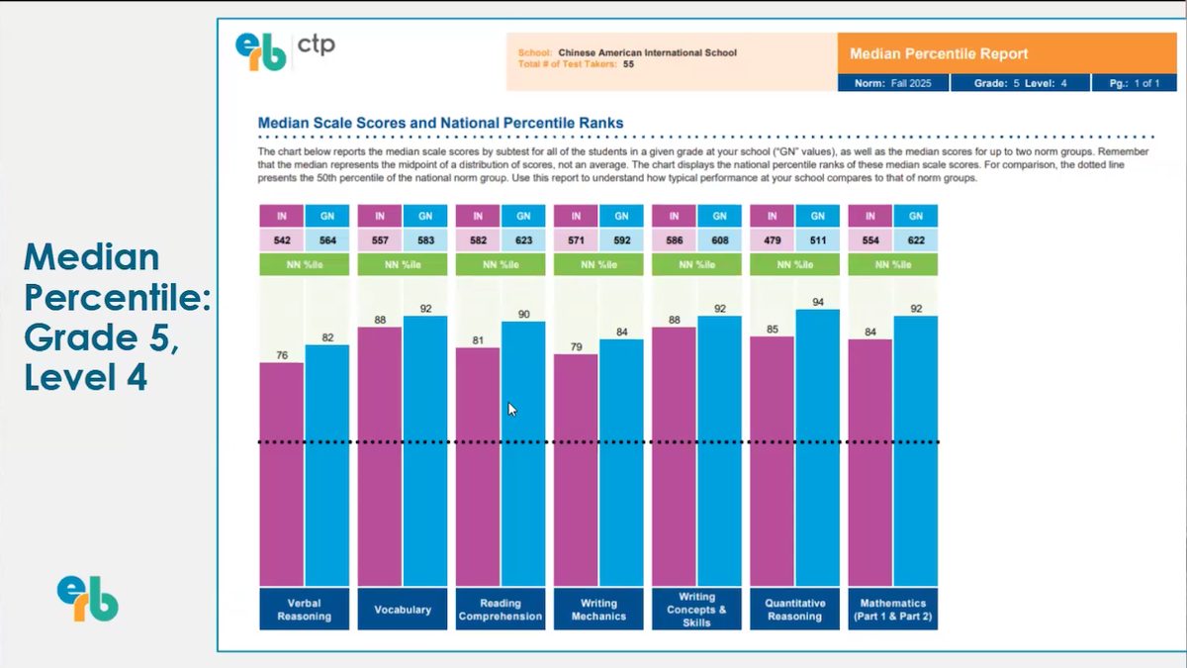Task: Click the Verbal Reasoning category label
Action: click(304, 610)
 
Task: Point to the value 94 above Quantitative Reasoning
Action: click(818, 302)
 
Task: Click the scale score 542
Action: click(281, 239)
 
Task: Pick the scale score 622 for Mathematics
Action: click(916, 239)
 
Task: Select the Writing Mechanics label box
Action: click(598, 610)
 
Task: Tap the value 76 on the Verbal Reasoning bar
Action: click(282, 355)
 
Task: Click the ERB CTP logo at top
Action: click(285, 49)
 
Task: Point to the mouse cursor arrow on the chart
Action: click(512, 409)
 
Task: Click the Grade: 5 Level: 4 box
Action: click(1020, 83)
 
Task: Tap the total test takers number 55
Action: click(628, 63)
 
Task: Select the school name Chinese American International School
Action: click(647, 52)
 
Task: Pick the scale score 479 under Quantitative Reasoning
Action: click(772, 239)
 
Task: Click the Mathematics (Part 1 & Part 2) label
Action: click(893, 610)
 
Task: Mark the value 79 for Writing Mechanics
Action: click(576, 346)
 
